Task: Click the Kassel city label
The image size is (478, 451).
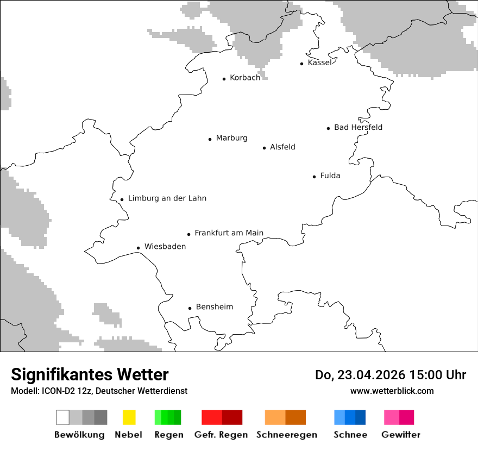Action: (319, 62)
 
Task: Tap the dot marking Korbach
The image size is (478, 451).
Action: (224, 79)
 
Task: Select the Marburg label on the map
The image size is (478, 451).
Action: (231, 138)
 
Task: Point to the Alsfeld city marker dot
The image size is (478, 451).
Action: (265, 148)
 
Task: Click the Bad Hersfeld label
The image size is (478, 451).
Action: (358, 127)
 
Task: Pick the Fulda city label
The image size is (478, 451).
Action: (330, 176)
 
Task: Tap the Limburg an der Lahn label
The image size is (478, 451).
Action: (167, 198)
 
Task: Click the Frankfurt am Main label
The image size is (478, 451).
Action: (229, 233)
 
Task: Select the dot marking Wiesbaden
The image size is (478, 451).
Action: (139, 248)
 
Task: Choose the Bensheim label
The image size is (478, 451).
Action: (214, 307)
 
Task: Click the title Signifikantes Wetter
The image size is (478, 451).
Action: (90, 374)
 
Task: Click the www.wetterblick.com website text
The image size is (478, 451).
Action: (392, 391)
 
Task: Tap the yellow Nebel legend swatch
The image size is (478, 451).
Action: (129, 417)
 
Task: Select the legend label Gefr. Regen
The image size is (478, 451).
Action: (221, 435)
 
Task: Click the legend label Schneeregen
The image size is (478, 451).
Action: (286, 435)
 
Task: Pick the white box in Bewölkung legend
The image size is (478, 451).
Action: (63, 417)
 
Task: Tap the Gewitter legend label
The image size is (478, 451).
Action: (401, 435)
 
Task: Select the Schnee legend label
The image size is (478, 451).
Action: (350, 435)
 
